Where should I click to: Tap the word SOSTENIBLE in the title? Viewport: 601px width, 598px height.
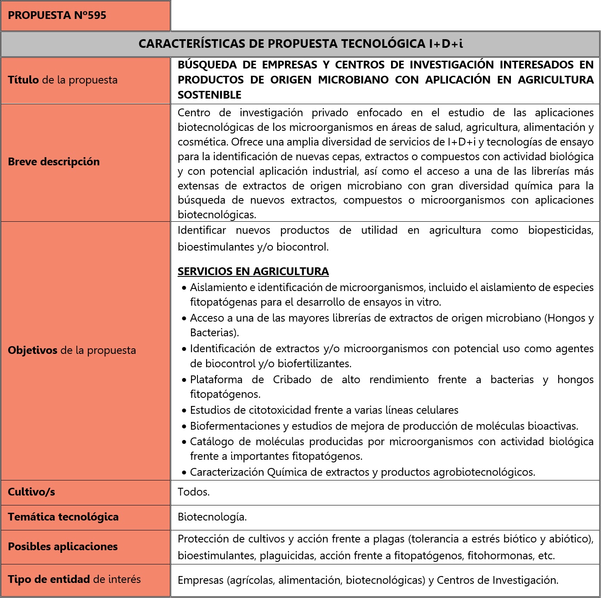[210, 95]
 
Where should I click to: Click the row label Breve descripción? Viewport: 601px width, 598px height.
[54, 162]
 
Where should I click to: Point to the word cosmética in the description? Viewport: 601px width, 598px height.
[203, 142]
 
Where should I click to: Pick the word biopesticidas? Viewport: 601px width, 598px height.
[560, 230]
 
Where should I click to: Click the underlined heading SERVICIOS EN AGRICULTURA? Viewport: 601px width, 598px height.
[253, 271]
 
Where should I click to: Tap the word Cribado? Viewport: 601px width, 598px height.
[292, 380]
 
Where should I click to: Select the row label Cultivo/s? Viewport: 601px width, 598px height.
[31, 492]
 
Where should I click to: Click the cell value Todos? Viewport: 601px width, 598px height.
[194, 492]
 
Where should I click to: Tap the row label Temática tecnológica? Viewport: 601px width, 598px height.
[63, 517]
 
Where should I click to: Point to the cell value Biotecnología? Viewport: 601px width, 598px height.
[212, 517]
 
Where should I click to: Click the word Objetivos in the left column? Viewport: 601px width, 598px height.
[33, 350]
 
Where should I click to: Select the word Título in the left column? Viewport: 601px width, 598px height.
[23, 80]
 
